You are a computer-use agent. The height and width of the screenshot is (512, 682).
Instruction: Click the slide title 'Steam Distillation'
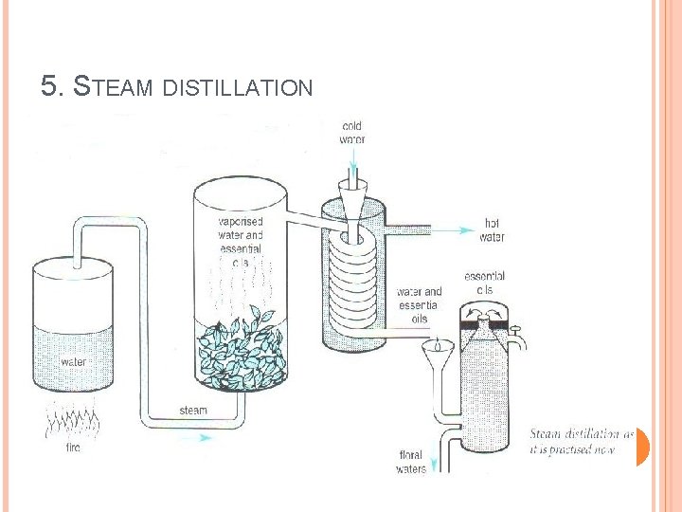coord(177,88)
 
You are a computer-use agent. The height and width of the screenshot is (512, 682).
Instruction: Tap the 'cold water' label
coord(351,133)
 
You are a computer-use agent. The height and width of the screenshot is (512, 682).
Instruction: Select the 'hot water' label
coord(492,230)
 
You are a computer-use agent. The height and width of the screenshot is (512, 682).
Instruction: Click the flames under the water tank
coord(72,417)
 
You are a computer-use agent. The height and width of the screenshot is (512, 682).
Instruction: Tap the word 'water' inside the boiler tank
coord(74,361)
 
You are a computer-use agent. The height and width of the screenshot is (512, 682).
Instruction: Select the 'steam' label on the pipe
coord(193,411)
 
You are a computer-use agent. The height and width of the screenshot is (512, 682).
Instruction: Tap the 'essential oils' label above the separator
coord(484,283)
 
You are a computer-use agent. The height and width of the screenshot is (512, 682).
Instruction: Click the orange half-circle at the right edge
coord(642,447)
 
